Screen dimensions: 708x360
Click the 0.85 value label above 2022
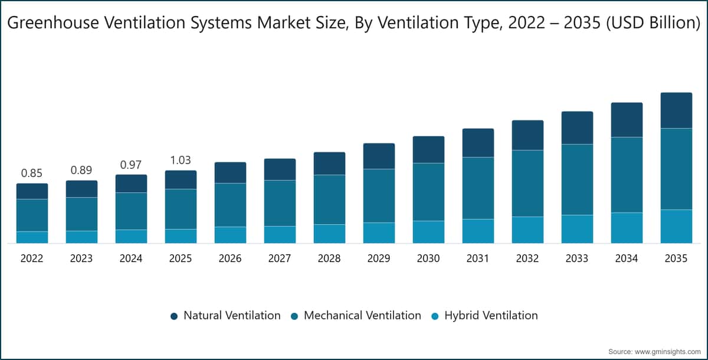click(32, 173)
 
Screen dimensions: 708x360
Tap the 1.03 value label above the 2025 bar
click(181, 161)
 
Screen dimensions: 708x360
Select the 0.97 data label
click(131, 165)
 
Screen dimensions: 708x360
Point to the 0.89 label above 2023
click(81, 171)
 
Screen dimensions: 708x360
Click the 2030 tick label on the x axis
click(428, 258)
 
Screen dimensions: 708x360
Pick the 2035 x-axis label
click(676, 258)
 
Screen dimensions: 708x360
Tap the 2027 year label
click(280, 258)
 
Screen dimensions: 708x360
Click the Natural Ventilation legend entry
click(225, 315)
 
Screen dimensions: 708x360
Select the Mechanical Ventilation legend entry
click(356, 315)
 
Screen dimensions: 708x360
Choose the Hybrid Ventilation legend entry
click(484, 315)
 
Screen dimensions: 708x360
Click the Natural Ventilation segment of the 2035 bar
click(676, 110)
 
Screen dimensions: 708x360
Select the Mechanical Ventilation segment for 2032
click(528, 184)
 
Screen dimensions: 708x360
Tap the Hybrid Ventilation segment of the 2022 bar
click(32, 237)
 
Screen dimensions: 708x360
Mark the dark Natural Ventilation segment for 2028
click(329, 163)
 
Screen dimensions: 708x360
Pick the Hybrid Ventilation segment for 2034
click(627, 228)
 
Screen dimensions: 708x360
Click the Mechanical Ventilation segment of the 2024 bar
click(131, 211)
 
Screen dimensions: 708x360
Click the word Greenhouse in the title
click(53, 23)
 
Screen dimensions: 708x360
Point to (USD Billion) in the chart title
click(653, 23)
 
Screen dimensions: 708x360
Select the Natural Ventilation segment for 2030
click(428, 149)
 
